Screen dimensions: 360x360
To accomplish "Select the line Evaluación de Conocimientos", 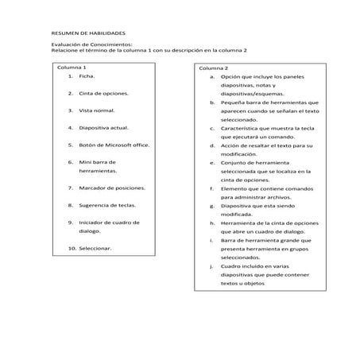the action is [91, 45].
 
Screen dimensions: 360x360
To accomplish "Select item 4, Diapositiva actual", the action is [103, 127].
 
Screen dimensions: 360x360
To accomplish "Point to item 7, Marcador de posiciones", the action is [112, 188].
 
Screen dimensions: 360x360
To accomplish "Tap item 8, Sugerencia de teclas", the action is [107, 205].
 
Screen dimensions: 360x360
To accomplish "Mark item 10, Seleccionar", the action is [95, 248].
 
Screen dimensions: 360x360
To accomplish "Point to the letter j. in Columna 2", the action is [212, 265].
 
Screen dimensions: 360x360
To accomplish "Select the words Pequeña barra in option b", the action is [241, 103].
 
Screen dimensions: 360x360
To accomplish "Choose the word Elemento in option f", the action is [235, 188].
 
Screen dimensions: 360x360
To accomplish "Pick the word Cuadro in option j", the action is [232, 265].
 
